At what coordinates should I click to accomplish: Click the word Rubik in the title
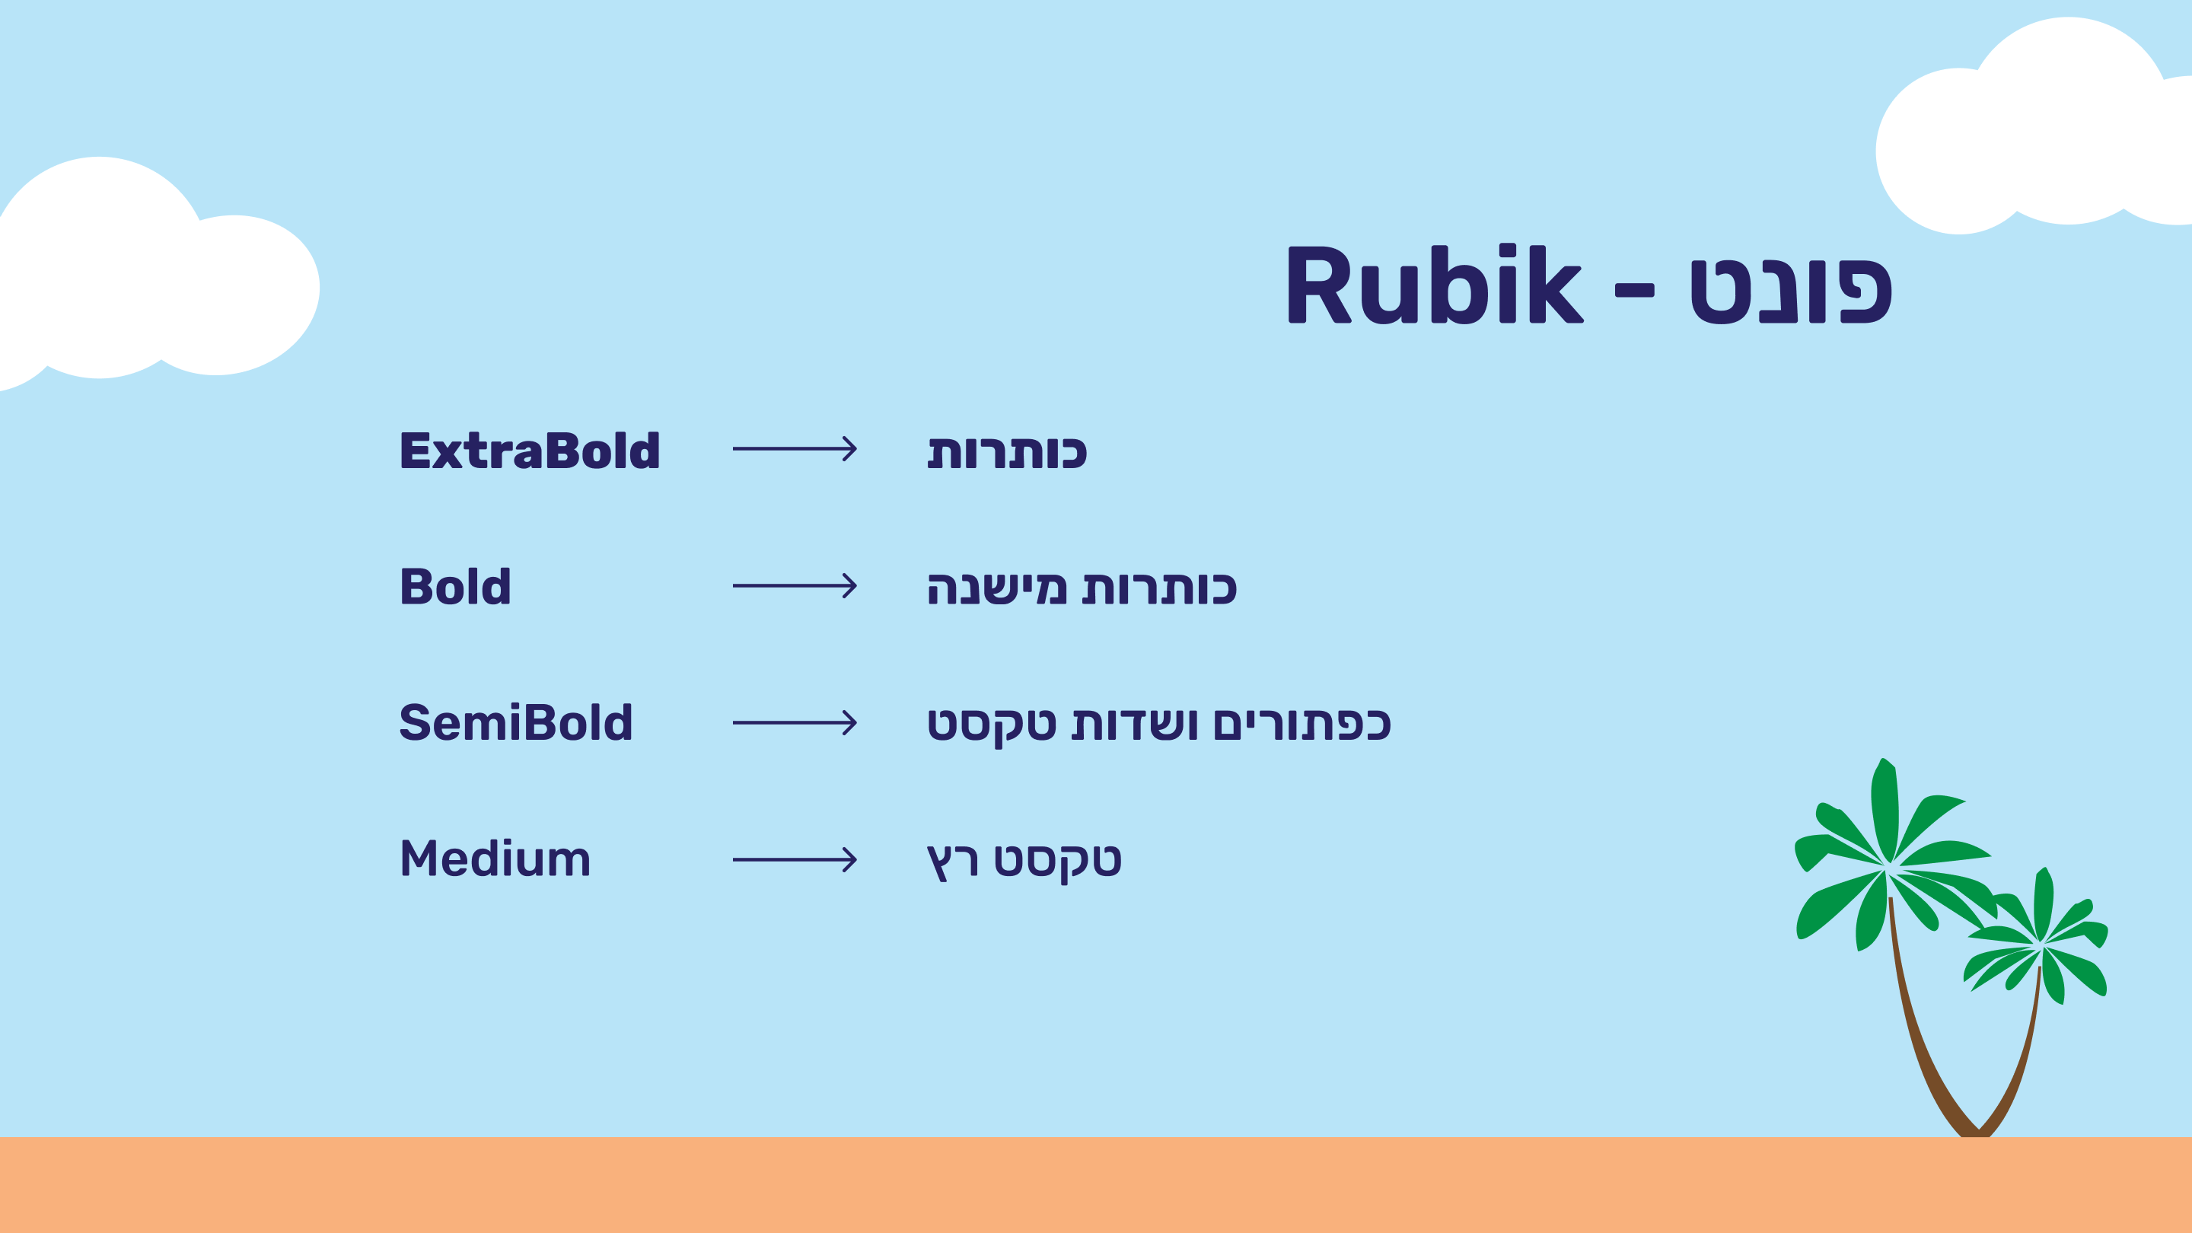pyautogui.click(x=1435, y=283)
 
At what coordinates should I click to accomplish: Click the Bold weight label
pyautogui.click(x=455, y=586)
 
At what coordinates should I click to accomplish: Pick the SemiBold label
pyautogui.click(x=516, y=722)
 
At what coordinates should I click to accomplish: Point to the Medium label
pyautogui.click(x=495, y=859)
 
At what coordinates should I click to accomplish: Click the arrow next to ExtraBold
pyautogui.click(x=795, y=448)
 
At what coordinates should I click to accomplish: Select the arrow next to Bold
pyautogui.click(x=795, y=585)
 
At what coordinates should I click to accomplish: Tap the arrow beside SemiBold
pyautogui.click(x=795, y=722)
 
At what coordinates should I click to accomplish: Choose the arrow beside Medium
pyautogui.click(x=795, y=859)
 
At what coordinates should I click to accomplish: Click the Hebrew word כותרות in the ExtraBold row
pyautogui.click(x=1008, y=452)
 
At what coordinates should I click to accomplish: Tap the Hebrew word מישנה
pyautogui.click(x=996, y=588)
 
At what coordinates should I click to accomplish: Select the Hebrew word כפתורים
pyautogui.click(x=1302, y=724)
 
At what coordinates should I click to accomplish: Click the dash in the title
pyautogui.click(x=1635, y=291)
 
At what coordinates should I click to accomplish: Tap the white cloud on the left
pyautogui.click(x=145, y=272)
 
